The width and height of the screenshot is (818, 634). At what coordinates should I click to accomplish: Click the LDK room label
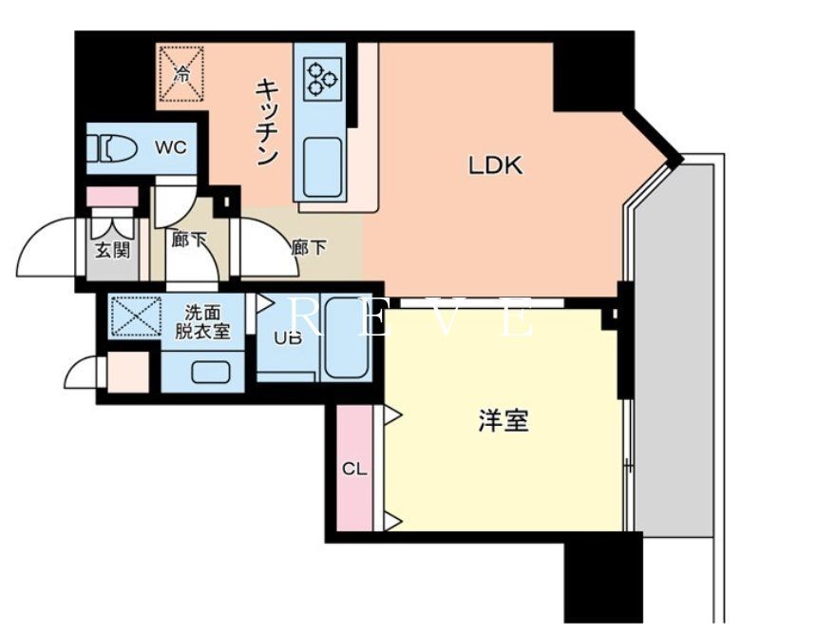[495, 165]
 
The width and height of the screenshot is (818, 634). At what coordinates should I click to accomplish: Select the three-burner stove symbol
[321, 76]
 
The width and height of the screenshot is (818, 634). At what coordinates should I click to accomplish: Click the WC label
[171, 147]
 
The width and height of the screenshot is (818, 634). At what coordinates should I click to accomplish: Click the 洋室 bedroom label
[503, 421]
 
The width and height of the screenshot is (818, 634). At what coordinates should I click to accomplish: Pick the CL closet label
[354, 469]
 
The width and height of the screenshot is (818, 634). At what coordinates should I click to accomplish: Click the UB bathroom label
[287, 336]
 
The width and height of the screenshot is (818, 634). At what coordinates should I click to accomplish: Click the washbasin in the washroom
[212, 371]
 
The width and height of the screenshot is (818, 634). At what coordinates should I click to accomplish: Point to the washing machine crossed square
[136, 316]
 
